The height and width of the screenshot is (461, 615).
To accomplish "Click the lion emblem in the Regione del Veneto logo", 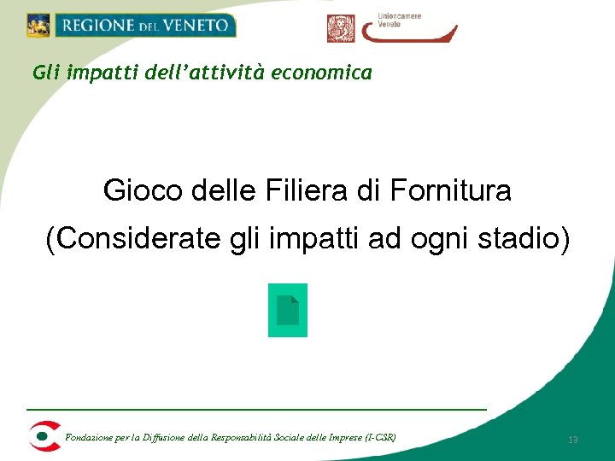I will click(x=38, y=26).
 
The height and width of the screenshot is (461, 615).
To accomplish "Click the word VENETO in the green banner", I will click(x=199, y=26).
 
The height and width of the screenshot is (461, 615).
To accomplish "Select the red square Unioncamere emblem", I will click(x=340, y=28).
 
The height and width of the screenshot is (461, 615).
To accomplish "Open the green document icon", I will click(x=288, y=310).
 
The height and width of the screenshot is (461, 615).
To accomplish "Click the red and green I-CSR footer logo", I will click(x=44, y=436).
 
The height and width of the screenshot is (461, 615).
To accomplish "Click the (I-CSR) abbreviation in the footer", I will click(x=380, y=438).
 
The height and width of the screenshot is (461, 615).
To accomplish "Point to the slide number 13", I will click(x=573, y=440).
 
